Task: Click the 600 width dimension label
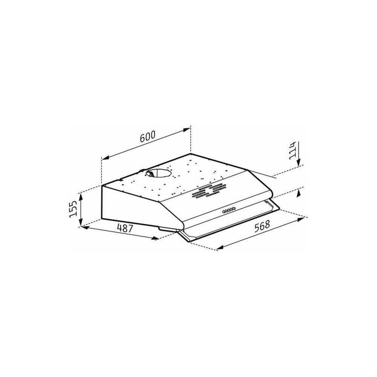147,137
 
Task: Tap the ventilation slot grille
207,191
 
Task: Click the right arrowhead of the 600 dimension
187,130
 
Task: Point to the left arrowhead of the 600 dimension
105,158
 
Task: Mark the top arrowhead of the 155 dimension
80,195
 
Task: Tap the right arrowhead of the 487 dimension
155,238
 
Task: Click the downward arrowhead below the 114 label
299,162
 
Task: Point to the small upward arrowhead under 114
299,192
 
